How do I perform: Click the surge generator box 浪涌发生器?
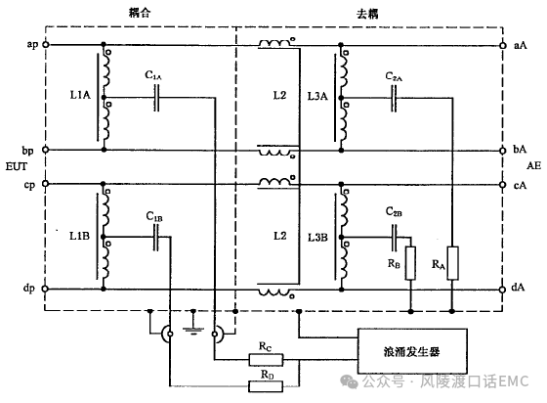click(x=412, y=351)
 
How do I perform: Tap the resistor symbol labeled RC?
click(x=266, y=359)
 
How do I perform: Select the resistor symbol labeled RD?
click(x=266, y=386)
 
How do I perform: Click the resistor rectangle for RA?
click(x=452, y=263)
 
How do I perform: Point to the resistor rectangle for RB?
click(x=410, y=263)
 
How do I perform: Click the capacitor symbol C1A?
click(x=157, y=98)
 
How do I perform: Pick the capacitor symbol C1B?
click(x=156, y=237)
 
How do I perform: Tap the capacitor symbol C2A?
click(x=394, y=99)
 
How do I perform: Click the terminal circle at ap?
click(x=45, y=44)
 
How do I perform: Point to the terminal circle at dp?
click(x=45, y=289)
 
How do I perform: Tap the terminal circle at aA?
click(x=503, y=45)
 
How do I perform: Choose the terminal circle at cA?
click(x=503, y=185)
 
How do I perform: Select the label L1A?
click(x=80, y=95)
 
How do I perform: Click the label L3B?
click(x=317, y=238)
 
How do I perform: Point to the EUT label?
click(x=16, y=166)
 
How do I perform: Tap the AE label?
click(x=533, y=165)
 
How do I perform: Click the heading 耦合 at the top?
click(x=140, y=13)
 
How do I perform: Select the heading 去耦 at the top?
click(x=367, y=14)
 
